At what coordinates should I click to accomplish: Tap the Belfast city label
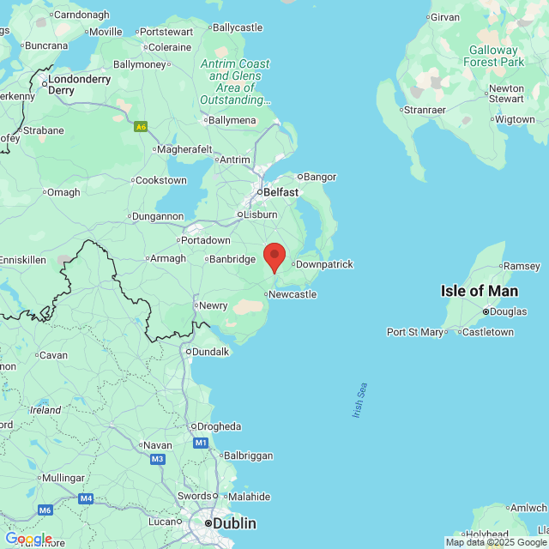pos(281,192)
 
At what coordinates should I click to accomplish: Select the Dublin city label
pos(233,522)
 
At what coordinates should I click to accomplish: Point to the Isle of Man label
pos(480,291)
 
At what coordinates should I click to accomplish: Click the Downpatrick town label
pos(323,264)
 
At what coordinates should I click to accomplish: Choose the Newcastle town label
pos(293,294)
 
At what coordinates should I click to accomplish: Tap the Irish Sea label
pos(359,400)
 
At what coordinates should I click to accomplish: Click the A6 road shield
pos(141,126)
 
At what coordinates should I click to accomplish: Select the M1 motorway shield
pos(201,443)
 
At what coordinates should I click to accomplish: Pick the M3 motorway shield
pos(157,460)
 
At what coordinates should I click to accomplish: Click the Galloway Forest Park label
pos(493,56)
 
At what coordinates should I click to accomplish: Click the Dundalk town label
pos(210,352)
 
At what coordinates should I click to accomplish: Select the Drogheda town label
pos(219,426)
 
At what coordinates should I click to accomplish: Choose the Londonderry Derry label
pos(79,84)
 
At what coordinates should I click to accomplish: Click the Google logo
pos(28,539)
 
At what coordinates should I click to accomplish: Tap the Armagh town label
pos(169,258)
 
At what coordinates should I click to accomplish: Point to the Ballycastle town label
pos(237,27)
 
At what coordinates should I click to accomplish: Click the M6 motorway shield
pos(45,510)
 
